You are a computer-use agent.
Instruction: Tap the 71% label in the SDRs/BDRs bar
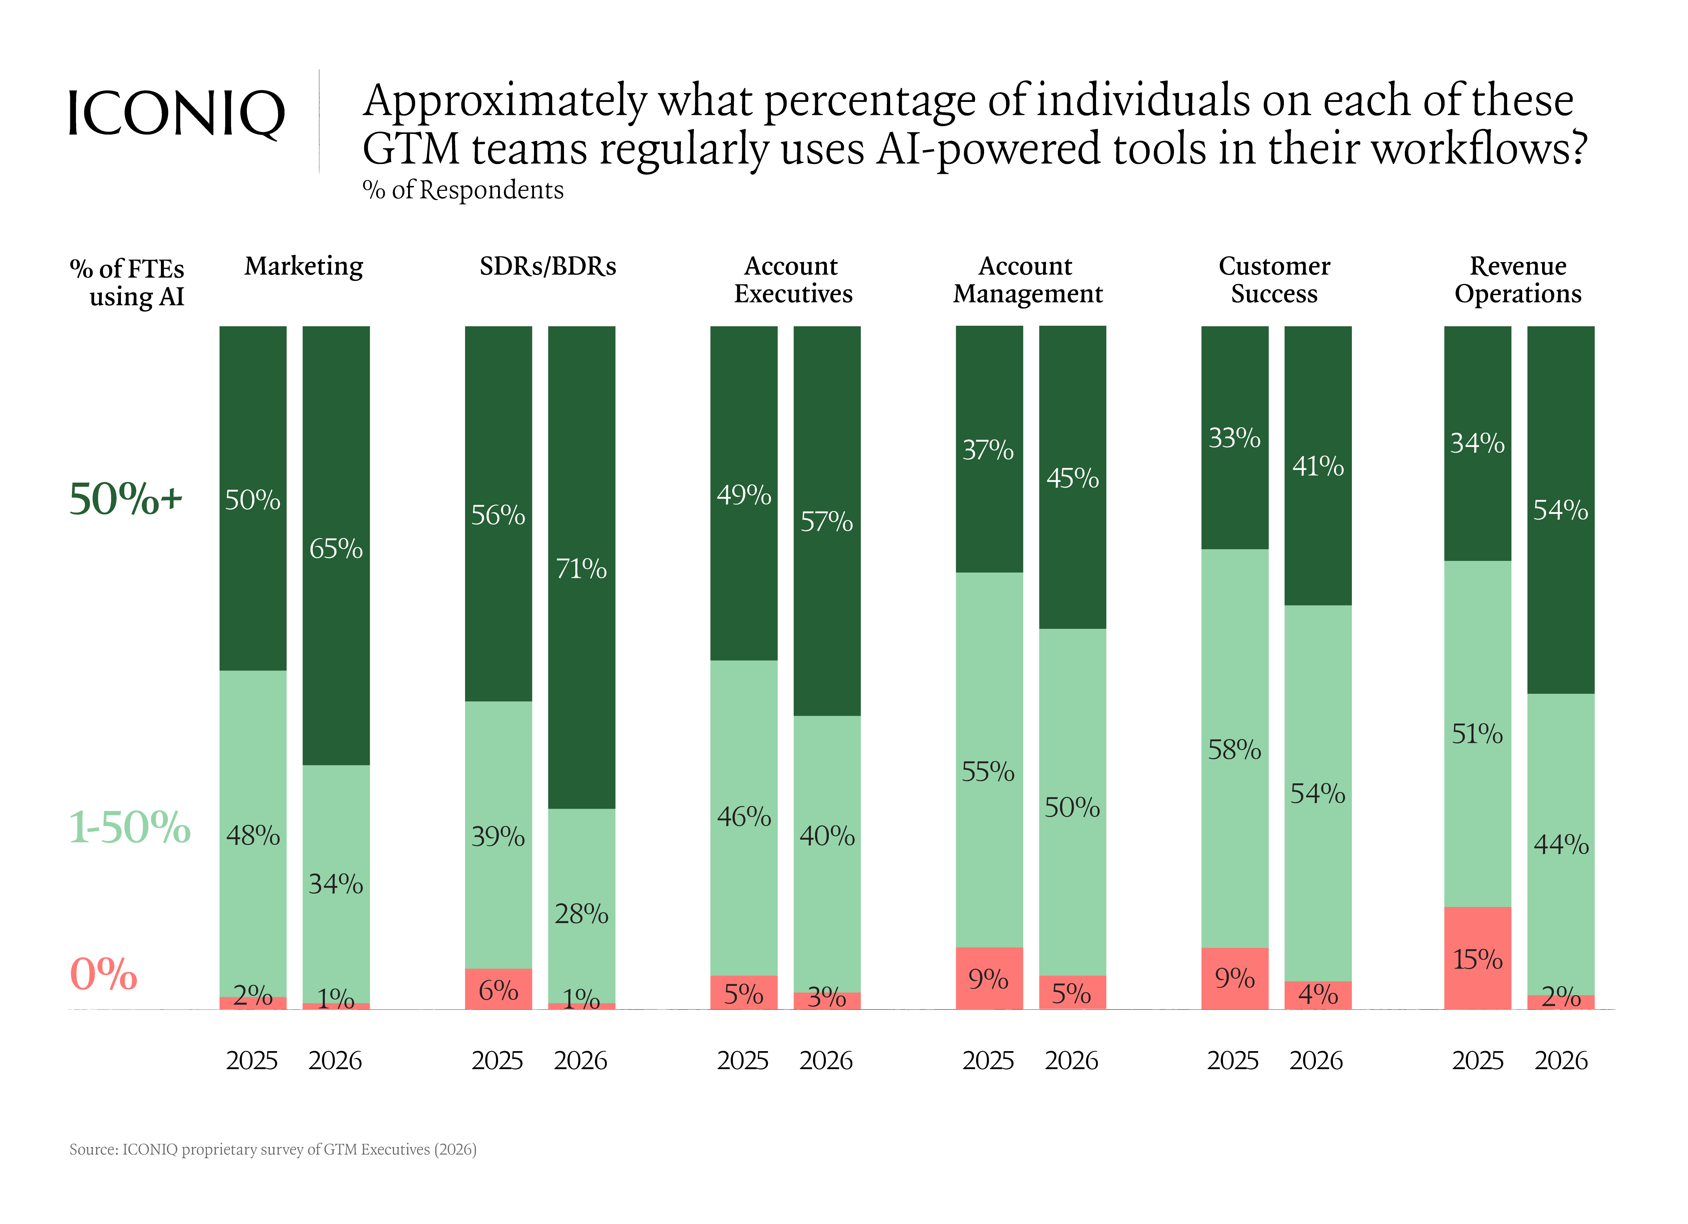point(581,569)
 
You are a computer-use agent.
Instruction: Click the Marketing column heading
point(304,266)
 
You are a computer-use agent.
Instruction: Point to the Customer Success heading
point(1274,280)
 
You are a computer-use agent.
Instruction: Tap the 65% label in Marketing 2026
point(336,549)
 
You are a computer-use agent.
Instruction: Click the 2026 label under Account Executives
point(826,1060)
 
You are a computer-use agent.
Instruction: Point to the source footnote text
point(273,1150)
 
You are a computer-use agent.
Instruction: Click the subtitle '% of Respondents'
point(463,191)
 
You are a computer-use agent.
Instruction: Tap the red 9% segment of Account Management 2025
point(989,979)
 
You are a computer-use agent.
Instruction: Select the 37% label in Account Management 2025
point(988,450)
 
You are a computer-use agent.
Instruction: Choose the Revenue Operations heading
point(1518,280)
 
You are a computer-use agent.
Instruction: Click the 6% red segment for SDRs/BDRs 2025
point(499,989)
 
